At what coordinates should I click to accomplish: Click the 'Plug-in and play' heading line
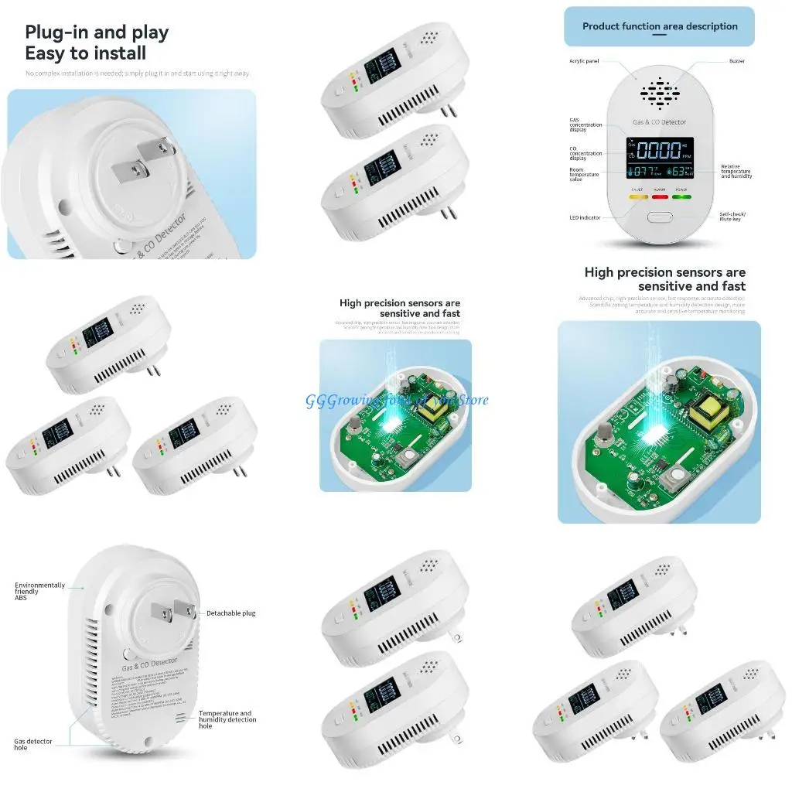coord(97,32)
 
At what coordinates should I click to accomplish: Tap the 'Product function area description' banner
coord(659,26)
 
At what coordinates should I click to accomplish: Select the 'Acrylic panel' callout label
coord(585,60)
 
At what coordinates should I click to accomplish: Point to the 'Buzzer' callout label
coord(736,60)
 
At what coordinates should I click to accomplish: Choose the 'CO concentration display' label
coord(585,153)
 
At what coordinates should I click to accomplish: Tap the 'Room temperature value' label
coord(584,174)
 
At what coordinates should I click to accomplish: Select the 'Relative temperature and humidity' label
coord(736,171)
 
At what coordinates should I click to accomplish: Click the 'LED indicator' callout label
coord(585,217)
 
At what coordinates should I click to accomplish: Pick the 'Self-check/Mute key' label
coord(732,216)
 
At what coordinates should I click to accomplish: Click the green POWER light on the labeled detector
coord(681,196)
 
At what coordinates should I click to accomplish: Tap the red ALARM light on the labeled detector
coord(660,196)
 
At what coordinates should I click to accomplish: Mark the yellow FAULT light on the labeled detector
coord(637,196)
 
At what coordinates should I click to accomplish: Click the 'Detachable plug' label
coord(230,613)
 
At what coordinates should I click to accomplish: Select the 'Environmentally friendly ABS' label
coord(39,592)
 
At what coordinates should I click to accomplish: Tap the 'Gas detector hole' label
coord(33,744)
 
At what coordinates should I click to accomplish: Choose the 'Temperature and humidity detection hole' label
coord(227,719)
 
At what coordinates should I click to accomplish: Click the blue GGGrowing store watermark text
coord(397,400)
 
